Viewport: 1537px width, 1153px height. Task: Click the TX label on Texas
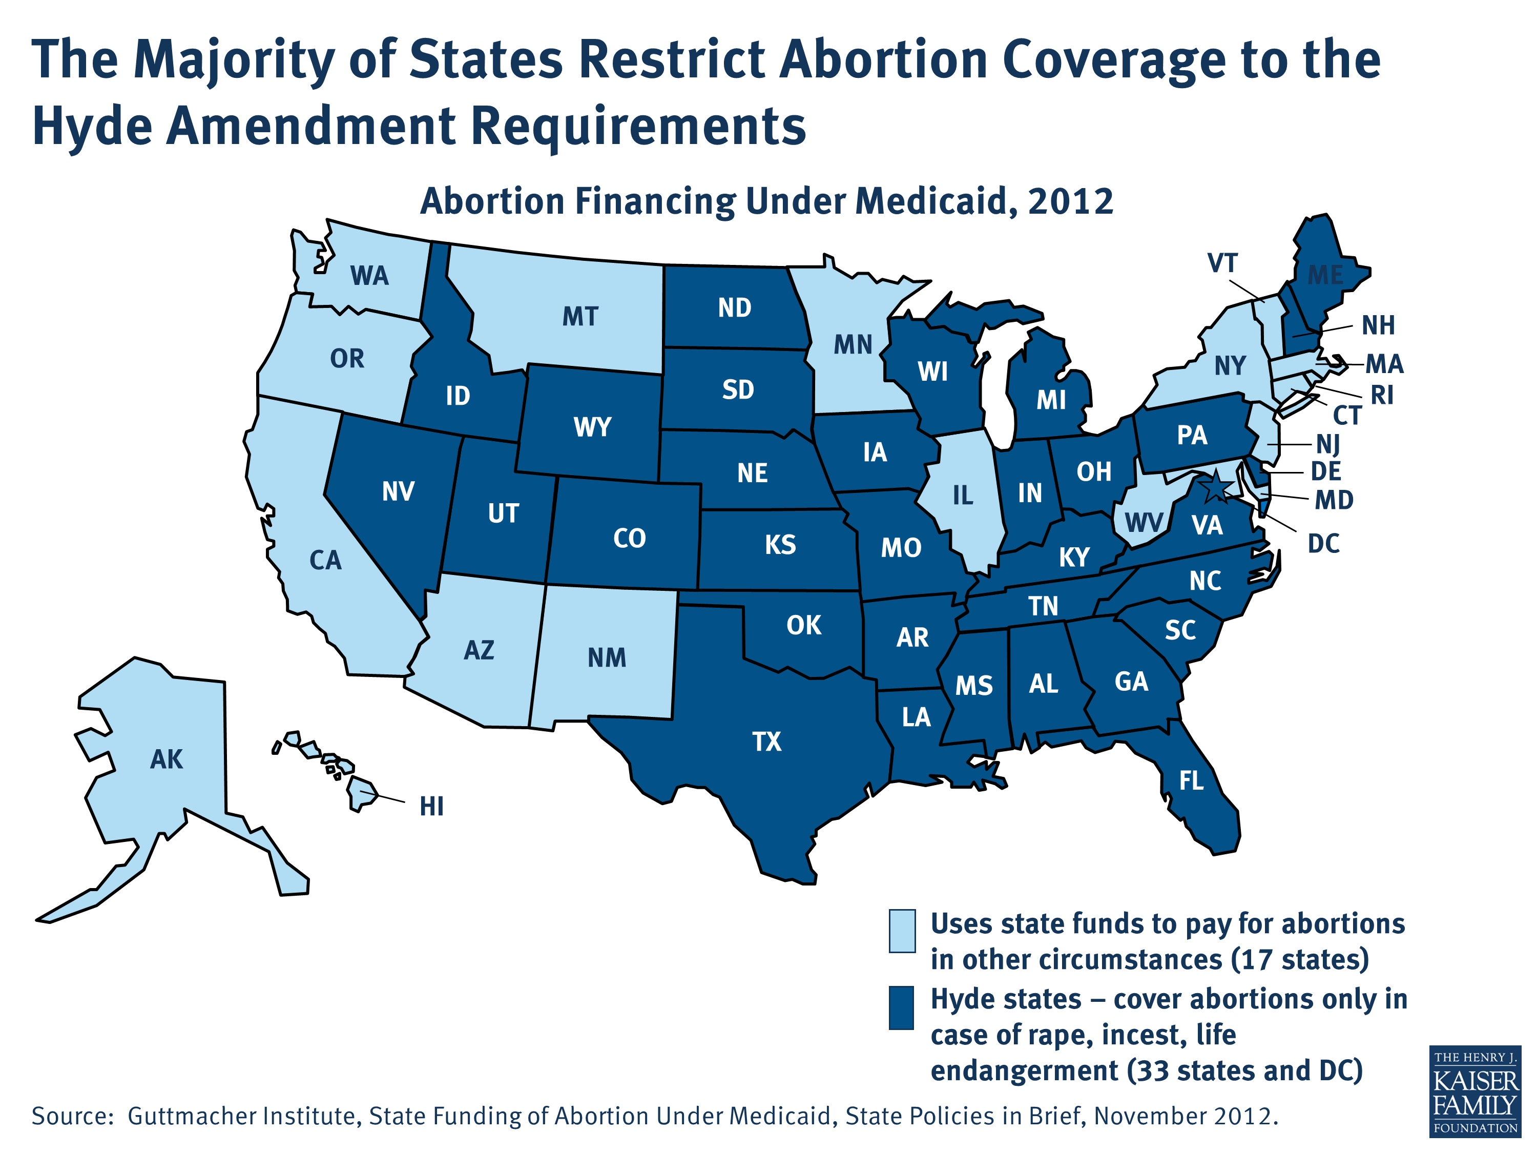click(x=766, y=742)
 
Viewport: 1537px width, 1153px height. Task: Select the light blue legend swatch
click(x=902, y=930)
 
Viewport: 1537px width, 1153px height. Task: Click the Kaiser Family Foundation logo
click(x=1475, y=1091)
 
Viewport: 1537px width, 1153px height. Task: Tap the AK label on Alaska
click(x=167, y=759)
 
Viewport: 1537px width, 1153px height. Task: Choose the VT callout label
click(x=1222, y=263)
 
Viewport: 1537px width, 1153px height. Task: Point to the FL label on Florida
click(x=1191, y=781)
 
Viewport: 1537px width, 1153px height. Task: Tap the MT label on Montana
click(x=580, y=317)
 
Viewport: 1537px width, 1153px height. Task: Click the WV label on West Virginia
click(x=1144, y=523)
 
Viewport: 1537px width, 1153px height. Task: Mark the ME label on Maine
click(x=1325, y=275)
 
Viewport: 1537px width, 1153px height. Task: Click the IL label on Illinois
click(x=962, y=496)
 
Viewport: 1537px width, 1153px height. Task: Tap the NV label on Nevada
click(x=398, y=492)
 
